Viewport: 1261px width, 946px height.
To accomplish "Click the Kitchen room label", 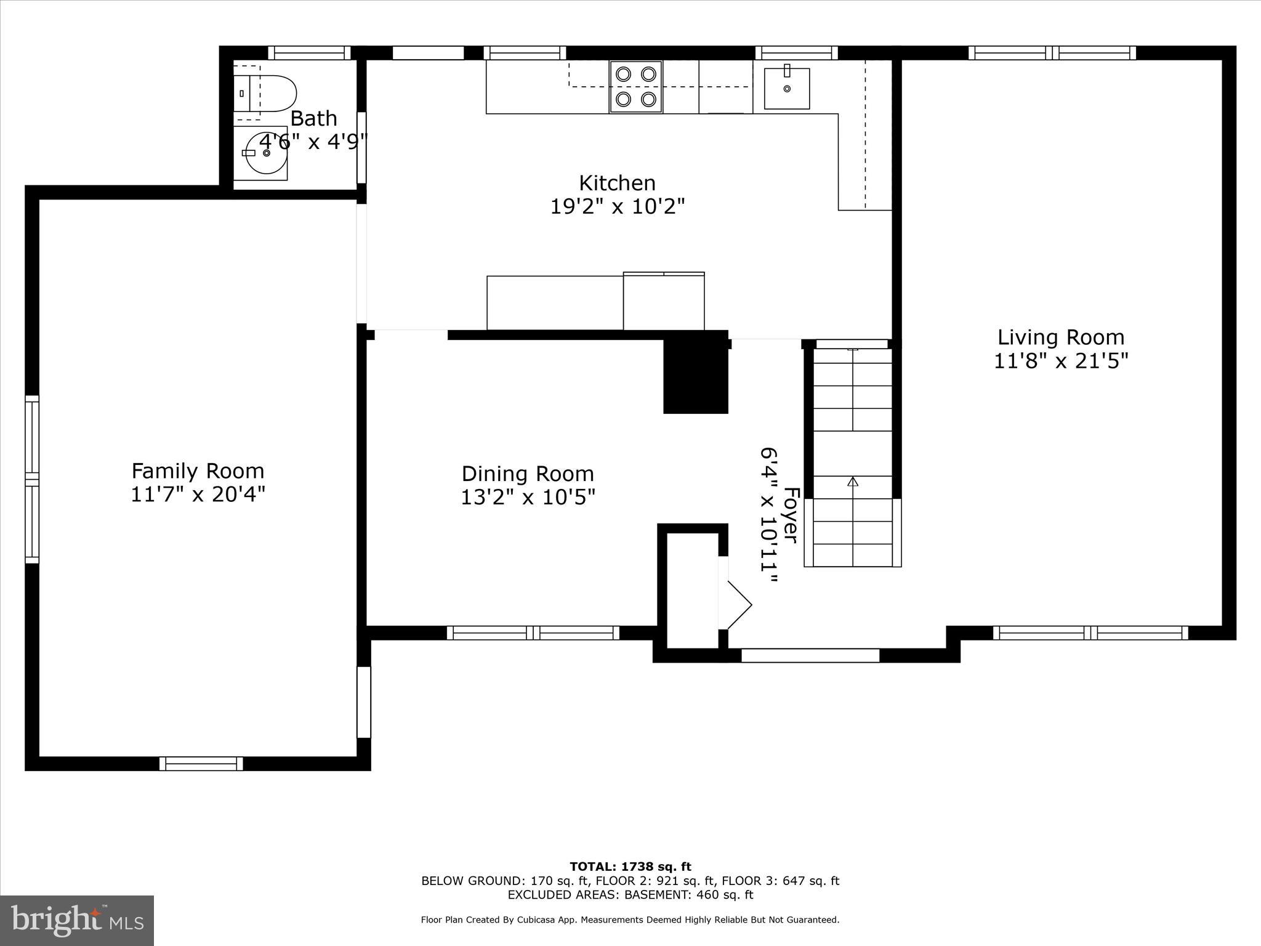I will (617, 183).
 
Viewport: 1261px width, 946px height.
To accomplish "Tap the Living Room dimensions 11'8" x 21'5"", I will (1061, 361).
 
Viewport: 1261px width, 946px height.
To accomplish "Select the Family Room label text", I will (198, 471).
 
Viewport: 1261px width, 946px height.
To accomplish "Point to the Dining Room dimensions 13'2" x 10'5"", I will (528, 497).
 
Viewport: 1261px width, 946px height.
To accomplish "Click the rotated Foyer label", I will (791, 515).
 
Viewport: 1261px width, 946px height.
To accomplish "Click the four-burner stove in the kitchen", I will (636, 86).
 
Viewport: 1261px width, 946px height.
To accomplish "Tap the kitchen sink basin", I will (786, 89).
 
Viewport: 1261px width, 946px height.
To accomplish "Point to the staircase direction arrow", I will (853, 481).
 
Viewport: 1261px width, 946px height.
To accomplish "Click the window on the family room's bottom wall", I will (201, 764).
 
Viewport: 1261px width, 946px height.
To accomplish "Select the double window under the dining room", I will (533, 633).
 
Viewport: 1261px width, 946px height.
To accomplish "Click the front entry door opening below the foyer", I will (810, 655).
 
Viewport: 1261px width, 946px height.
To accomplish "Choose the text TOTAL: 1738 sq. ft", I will (630, 867).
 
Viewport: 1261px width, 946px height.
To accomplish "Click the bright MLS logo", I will (77, 921).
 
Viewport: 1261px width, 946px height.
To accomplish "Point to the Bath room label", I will (313, 118).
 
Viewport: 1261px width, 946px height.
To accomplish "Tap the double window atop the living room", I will (1052, 53).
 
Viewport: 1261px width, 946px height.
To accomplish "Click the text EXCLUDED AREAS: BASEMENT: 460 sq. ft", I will (630, 894).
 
